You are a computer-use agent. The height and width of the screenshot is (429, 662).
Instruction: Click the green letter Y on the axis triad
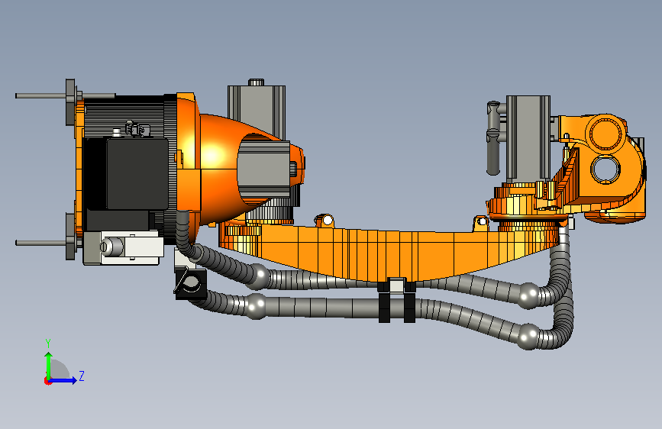click(x=48, y=343)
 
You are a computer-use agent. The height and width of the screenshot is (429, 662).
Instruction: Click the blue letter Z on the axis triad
click(x=82, y=376)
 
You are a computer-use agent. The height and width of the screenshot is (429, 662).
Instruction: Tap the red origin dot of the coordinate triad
click(x=47, y=381)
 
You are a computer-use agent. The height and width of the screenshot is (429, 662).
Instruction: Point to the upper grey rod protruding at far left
click(x=41, y=96)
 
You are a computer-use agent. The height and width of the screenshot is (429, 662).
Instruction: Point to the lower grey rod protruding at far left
click(x=41, y=243)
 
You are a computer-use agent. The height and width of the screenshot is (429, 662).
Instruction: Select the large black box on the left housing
click(x=137, y=173)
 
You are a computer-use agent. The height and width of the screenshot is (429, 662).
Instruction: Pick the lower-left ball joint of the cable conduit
click(x=257, y=305)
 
